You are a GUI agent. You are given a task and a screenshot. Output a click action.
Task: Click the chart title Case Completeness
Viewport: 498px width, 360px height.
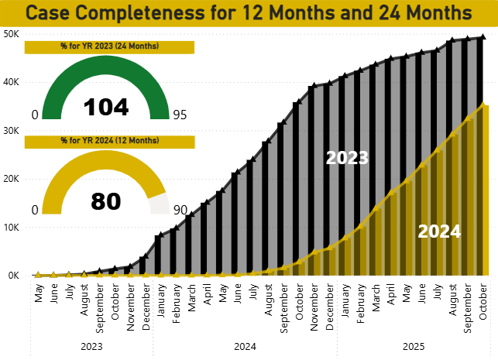(x=249, y=13)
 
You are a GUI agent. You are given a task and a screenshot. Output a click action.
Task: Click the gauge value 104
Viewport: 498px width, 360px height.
(x=105, y=106)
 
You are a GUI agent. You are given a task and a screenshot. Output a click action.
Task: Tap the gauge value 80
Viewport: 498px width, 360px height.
(x=105, y=201)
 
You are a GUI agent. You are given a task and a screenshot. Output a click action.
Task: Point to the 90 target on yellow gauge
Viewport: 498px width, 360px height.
(x=180, y=210)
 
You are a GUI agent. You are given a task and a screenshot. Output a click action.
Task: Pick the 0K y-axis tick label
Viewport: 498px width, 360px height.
(x=13, y=276)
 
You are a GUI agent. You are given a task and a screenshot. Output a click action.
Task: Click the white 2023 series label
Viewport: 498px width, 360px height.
(x=347, y=159)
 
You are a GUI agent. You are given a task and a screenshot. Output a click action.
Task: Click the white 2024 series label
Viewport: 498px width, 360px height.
(x=439, y=231)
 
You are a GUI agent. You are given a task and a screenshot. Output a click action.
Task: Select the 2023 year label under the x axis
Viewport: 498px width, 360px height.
(x=91, y=346)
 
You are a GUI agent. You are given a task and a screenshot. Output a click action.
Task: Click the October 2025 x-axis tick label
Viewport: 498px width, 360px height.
(x=484, y=298)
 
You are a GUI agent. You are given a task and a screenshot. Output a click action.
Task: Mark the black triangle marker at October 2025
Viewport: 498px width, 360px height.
(x=484, y=36)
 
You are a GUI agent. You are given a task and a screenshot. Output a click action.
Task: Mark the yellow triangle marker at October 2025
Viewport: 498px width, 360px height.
(x=484, y=105)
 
